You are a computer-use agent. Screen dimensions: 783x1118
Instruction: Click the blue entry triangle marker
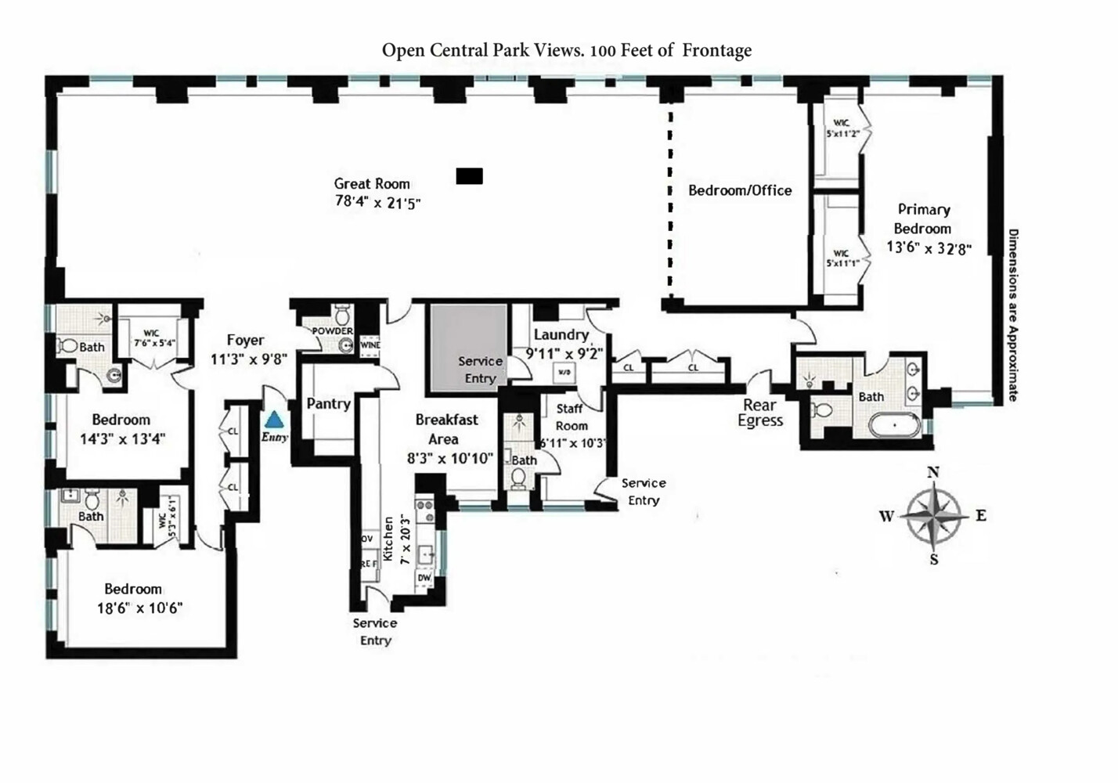click(x=274, y=420)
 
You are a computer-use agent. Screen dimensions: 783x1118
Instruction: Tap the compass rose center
click(x=933, y=516)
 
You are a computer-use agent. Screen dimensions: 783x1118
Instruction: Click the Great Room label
click(x=372, y=184)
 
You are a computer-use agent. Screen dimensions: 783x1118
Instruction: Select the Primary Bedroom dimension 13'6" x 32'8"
click(x=929, y=248)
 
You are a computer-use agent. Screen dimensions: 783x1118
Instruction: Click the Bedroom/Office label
click(x=740, y=190)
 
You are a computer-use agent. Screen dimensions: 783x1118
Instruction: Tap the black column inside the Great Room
click(x=469, y=176)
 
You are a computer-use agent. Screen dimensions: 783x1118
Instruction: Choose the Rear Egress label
click(x=759, y=413)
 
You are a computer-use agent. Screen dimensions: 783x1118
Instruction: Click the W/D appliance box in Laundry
click(x=564, y=373)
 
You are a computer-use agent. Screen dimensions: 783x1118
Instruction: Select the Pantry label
click(x=328, y=403)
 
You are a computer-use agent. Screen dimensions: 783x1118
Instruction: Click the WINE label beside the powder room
click(x=370, y=345)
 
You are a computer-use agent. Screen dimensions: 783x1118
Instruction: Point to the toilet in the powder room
click(x=341, y=316)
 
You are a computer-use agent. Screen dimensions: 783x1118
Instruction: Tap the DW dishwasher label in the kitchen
click(x=424, y=578)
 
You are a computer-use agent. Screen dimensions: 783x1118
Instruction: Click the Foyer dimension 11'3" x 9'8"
click(x=249, y=359)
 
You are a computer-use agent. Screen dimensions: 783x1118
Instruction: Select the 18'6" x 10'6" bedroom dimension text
click(x=139, y=608)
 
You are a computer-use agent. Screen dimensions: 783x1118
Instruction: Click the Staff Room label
click(x=571, y=417)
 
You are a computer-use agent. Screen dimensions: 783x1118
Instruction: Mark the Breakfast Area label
click(x=446, y=429)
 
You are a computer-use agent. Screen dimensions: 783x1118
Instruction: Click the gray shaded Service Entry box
click(x=467, y=348)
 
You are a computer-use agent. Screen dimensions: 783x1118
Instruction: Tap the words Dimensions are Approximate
click(x=1012, y=315)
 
